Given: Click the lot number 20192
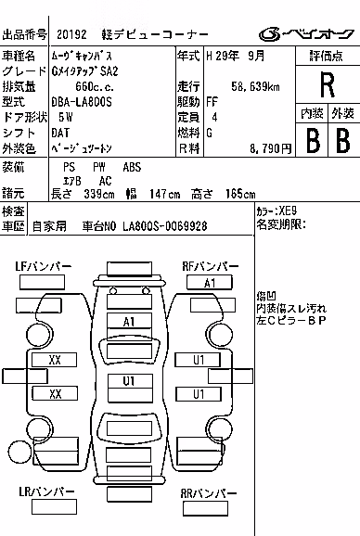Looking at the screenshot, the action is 71,34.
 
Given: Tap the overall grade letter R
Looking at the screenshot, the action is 328,85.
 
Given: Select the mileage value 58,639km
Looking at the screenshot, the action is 255,87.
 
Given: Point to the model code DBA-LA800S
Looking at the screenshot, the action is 82,102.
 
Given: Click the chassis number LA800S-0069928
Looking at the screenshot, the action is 165,226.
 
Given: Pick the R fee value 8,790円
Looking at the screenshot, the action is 270,148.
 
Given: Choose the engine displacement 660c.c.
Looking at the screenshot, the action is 95,87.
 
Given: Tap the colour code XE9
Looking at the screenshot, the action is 288,211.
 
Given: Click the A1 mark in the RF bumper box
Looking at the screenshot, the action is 210,283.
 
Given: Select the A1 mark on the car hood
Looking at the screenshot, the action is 129,322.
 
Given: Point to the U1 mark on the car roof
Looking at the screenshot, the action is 129,381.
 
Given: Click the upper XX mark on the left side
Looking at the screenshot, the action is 55,360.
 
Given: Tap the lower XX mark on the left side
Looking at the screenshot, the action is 56,394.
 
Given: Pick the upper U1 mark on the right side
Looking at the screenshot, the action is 199,360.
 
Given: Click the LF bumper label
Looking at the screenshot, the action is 43,266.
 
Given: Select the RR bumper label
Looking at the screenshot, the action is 208,493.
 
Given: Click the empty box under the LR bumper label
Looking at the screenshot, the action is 54,506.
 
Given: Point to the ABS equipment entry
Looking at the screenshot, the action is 132,167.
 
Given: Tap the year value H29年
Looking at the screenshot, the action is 223,56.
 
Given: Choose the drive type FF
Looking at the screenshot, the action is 212,102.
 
